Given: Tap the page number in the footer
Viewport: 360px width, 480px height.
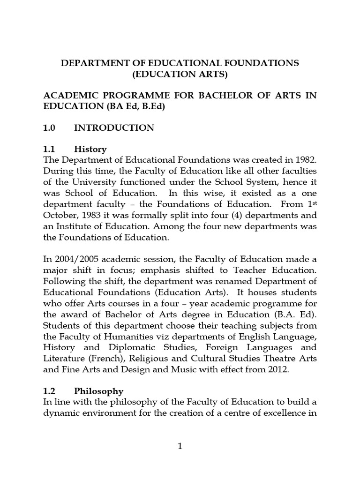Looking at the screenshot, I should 180,446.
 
